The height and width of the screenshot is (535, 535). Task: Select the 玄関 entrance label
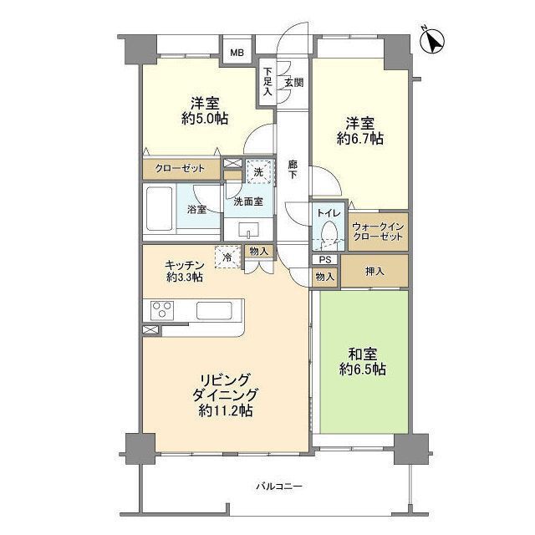click(293, 82)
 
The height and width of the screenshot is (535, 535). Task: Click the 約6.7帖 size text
click(360, 139)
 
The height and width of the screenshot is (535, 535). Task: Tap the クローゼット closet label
click(181, 169)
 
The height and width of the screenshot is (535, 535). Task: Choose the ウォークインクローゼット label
click(378, 231)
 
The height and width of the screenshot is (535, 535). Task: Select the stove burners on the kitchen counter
click(162, 310)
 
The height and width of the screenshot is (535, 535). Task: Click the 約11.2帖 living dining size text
click(226, 410)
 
